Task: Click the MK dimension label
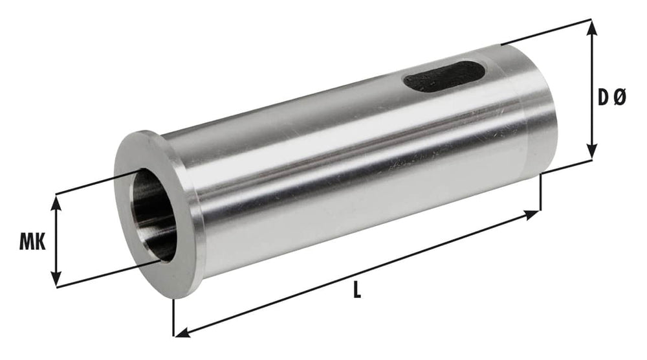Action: [31, 243]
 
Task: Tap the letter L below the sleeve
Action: [356, 291]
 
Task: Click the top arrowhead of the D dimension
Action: [591, 26]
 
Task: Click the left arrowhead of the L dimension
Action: [182, 333]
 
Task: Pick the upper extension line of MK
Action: [97, 182]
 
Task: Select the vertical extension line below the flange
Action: [174, 317]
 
